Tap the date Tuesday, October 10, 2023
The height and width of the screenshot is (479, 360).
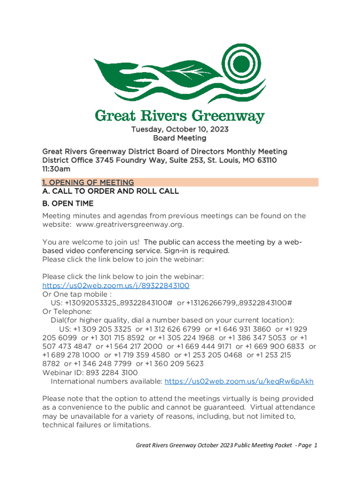pos(180,129)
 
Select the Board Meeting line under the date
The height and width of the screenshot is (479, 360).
pos(180,138)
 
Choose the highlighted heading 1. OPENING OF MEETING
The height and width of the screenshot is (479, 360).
pos(88,182)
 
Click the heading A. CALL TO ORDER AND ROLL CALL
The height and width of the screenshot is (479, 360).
pos(110,191)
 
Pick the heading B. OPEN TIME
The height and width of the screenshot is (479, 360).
pos(68,203)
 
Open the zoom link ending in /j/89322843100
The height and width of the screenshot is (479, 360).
pos(115,285)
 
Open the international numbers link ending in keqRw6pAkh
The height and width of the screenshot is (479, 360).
pos(239,381)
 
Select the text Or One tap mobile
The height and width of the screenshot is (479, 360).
pos(77,294)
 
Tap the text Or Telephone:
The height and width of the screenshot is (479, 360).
pos(67,312)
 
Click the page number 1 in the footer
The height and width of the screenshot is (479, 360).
pos(316,445)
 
